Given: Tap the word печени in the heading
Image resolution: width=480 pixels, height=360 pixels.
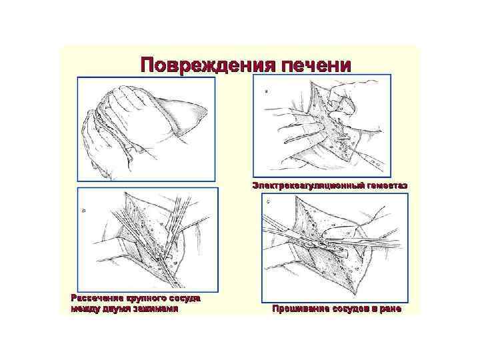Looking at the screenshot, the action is point(315,65).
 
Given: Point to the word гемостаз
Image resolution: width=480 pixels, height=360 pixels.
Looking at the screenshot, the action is point(383,184).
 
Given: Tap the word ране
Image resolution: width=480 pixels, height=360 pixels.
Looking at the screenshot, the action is point(391,309).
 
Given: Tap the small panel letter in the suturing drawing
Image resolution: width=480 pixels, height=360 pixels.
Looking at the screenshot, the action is point(268,201).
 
